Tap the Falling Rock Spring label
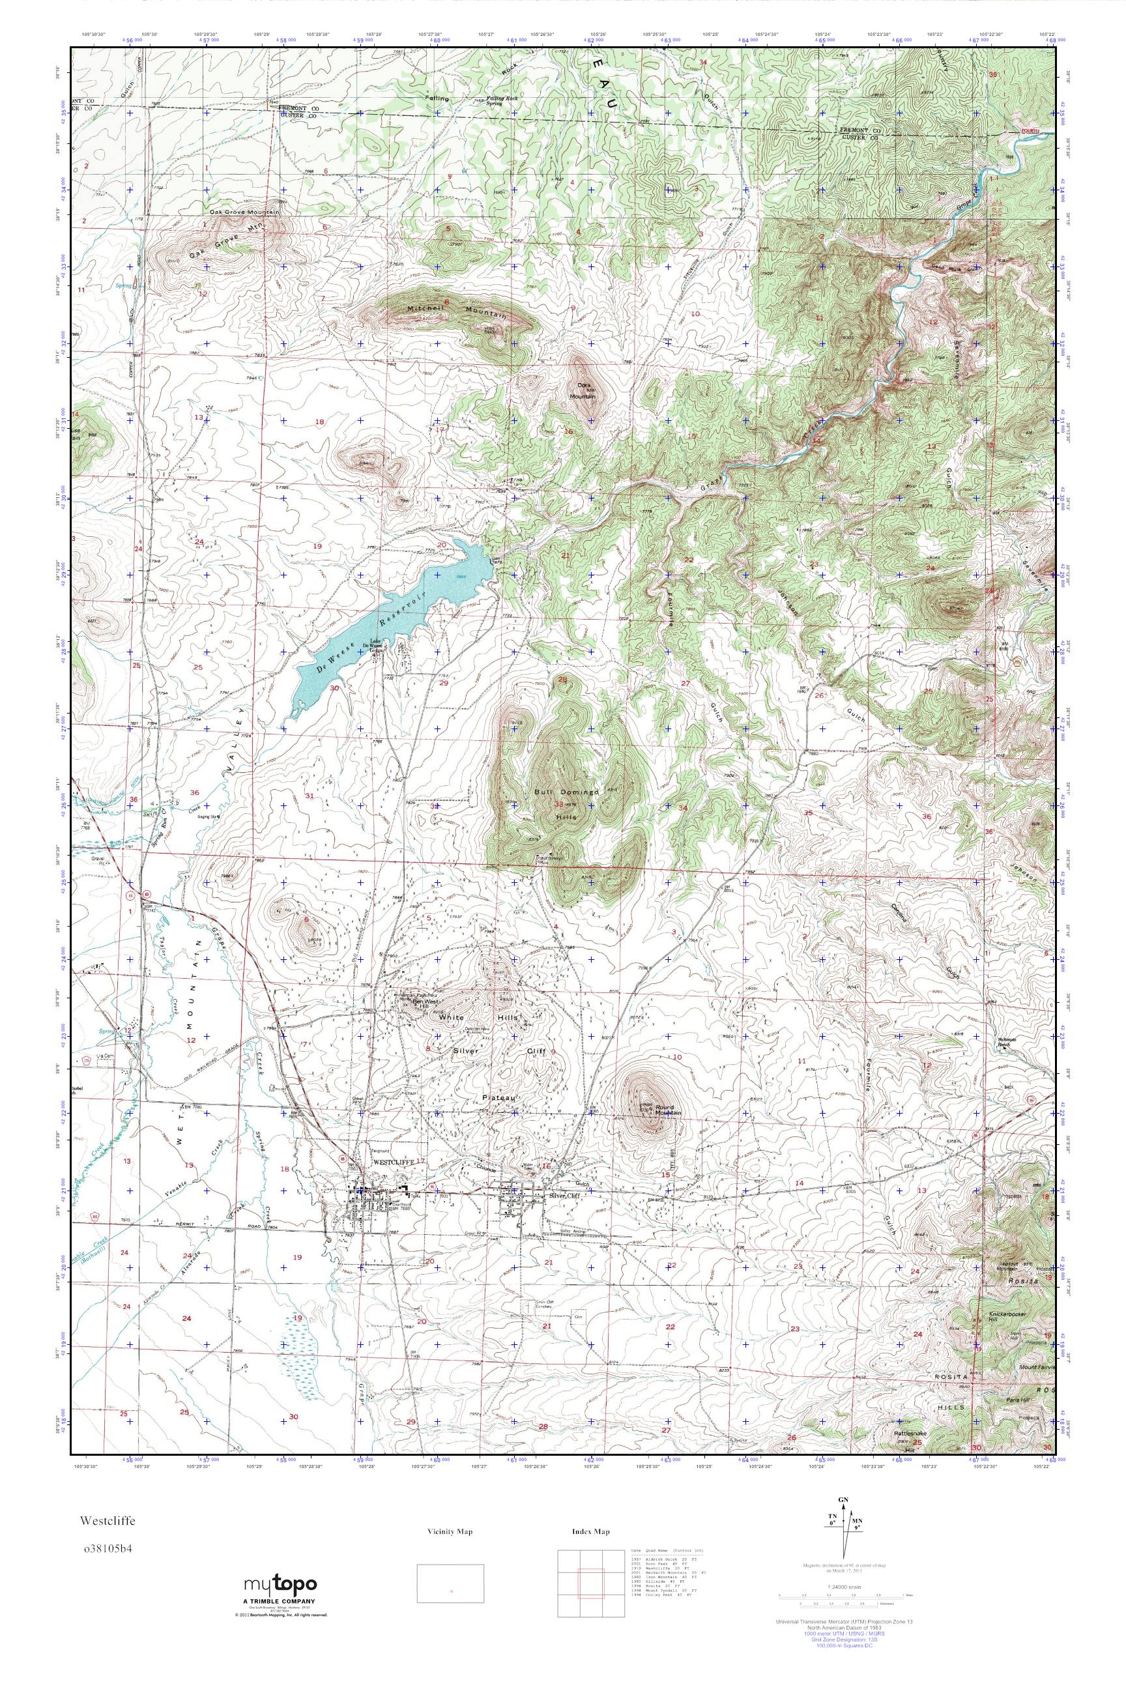tap(493, 100)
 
